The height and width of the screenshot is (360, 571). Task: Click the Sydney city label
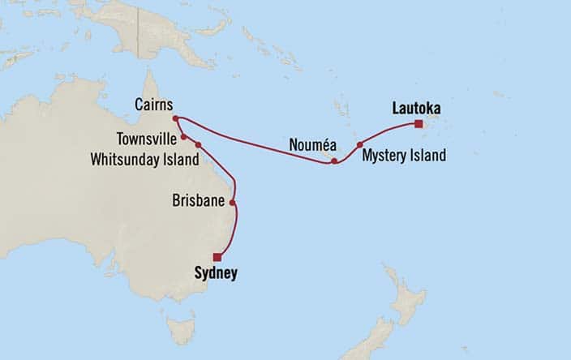(216, 274)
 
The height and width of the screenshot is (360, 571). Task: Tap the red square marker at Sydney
(217, 257)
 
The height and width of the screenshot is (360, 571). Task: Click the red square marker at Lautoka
(418, 124)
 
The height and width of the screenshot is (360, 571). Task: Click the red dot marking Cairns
(175, 118)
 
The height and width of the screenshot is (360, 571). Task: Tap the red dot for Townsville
(183, 136)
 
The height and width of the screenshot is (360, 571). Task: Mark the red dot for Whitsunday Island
(198, 144)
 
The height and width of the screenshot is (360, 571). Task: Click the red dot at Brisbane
(233, 203)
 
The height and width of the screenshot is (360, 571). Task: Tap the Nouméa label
(309, 145)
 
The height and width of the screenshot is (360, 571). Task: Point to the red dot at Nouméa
(334, 161)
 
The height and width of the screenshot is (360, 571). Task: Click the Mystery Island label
(404, 156)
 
